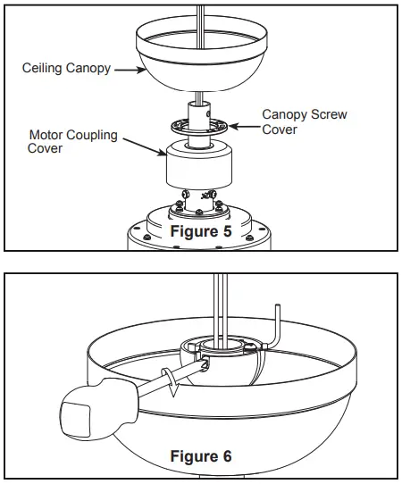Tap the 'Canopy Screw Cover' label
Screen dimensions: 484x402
[304, 121]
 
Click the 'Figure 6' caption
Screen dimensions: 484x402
[201, 456]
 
